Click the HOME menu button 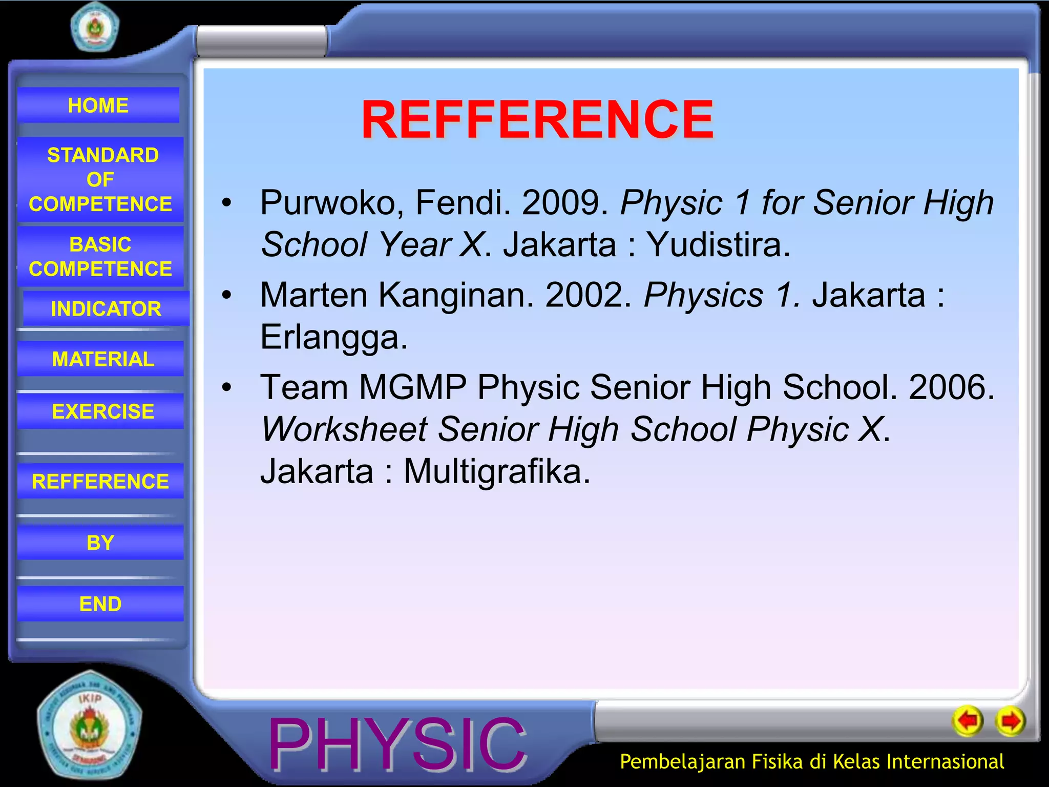(98, 106)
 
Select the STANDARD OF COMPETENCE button (100, 179)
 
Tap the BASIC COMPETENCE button (100, 256)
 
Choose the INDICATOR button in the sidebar (106, 309)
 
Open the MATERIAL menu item (102, 359)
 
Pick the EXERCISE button (102, 411)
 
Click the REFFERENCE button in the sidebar (100, 482)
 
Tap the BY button (100, 543)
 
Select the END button (100, 604)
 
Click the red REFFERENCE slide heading (537, 120)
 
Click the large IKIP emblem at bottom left (90, 725)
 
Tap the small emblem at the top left (94, 27)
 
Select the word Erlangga (333, 338)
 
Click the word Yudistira (717, 244)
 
